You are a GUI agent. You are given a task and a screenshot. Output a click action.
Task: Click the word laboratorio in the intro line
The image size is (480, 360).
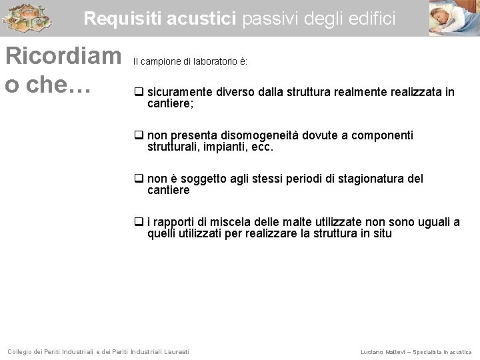(213, 62)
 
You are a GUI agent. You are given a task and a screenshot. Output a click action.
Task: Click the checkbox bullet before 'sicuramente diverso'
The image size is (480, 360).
(139, 92)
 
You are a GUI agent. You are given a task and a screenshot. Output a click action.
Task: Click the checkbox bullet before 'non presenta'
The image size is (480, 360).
(139, 135)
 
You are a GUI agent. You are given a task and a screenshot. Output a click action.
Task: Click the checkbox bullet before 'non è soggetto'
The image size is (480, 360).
(139, 179)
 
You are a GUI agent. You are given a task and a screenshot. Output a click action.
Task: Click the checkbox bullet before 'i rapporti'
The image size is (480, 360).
(139, 222)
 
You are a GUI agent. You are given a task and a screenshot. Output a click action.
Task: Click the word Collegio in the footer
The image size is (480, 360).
(21, 351)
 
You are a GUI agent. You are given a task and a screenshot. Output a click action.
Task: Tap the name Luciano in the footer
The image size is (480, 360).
(372, 351)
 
